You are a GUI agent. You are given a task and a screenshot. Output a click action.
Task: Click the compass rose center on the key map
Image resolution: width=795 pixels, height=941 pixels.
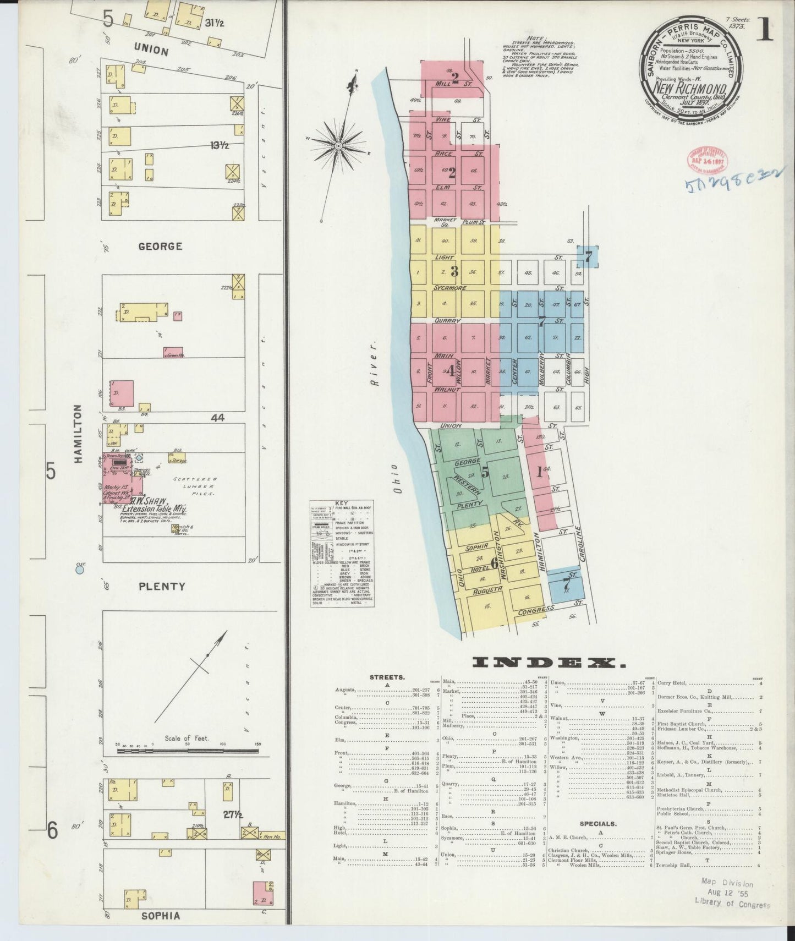pos(338,145)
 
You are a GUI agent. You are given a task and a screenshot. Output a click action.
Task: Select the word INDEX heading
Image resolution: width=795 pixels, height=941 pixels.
pos(550,662)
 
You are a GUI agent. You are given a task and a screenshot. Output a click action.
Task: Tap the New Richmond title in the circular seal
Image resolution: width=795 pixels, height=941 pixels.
pos(691,87)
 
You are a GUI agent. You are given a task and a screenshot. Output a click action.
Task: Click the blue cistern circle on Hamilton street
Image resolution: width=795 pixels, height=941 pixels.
pos(80,571)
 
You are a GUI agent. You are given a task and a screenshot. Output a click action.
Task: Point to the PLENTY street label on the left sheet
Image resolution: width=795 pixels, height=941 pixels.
pos(161,586)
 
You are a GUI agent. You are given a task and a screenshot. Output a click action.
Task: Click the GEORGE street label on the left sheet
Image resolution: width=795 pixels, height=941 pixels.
pos(160,246)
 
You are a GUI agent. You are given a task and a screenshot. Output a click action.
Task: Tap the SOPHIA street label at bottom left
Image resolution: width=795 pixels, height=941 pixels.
pos(160,916)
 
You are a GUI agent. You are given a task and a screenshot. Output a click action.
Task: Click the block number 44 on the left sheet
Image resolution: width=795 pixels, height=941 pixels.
pos(217,418)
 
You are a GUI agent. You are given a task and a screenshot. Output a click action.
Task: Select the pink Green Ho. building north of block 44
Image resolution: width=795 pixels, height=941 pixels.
pos(173,351)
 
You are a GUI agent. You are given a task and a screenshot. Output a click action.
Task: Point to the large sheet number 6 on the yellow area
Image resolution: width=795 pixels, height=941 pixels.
pos(494,562)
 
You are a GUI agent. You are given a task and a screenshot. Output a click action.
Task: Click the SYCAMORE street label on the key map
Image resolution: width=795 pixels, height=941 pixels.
pos(449,288)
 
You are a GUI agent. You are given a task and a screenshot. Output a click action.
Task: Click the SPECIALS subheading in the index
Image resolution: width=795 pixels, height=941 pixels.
pos(597,824)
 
